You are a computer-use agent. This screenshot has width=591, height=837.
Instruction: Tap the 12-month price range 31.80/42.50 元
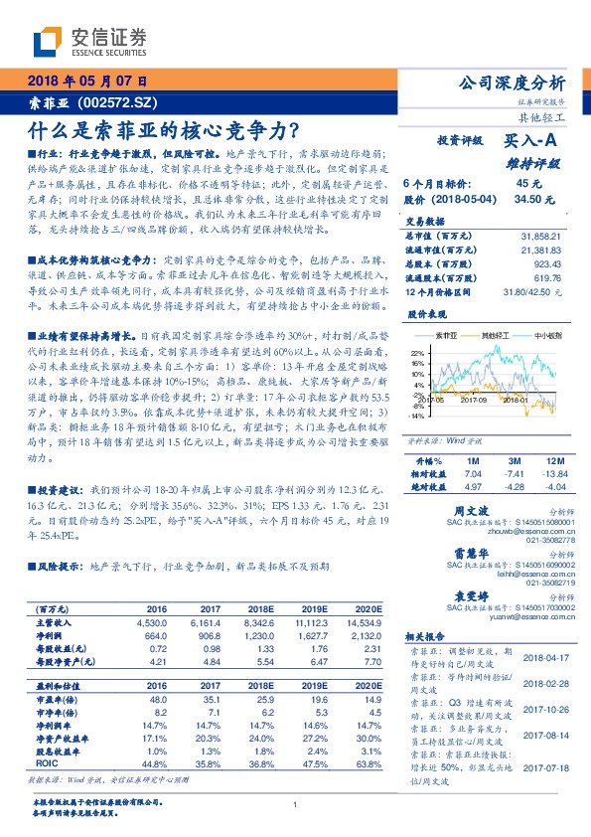tap(532, 292)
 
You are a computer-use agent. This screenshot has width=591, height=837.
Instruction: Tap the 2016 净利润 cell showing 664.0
tap(157, 634)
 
